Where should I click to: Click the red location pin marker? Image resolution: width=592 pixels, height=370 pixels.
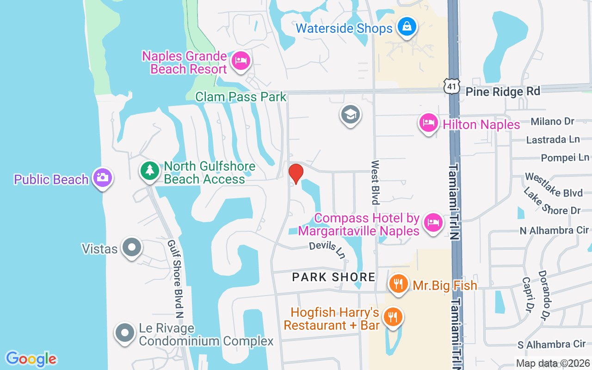click(296, 173)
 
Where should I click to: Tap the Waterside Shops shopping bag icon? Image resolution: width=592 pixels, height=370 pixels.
click(407, 27)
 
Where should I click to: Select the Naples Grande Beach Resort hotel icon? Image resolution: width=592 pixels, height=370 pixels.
click(240, 61)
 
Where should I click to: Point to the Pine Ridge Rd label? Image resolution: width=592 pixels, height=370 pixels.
click(503, 91)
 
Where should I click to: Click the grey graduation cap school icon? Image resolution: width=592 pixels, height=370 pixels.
click(350, 114)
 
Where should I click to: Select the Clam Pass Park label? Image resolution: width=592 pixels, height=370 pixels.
click(241, 97)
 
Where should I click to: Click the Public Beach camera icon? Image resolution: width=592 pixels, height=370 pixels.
click(102, 177)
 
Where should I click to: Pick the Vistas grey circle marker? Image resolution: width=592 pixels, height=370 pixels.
click(132, 247)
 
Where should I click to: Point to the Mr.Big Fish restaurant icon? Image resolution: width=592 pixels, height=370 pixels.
click(398, 284)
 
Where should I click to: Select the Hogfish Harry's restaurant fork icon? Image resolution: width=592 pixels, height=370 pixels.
click(393, 317)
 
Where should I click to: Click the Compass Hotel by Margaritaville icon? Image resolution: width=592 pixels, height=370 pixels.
click(433, 222)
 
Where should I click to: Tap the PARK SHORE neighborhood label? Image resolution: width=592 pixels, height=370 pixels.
click(334, 277)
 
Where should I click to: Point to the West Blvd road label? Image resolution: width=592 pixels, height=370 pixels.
click(375, 182)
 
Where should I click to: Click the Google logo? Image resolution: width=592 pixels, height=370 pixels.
click(31, 358)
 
